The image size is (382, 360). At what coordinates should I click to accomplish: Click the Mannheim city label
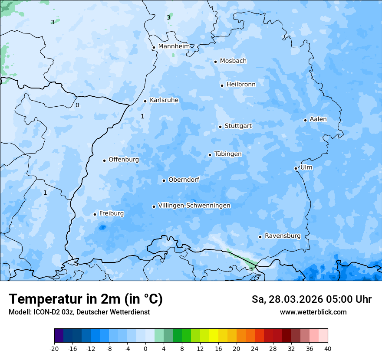tap(174, 46)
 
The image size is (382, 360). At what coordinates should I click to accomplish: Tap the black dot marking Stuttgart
tap(220, 127)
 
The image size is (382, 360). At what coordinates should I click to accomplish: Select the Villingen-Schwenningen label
tap(194, 206)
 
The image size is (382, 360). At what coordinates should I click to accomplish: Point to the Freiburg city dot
tap(95, 214)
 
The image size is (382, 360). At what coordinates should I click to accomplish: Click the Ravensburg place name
tap(283, 236)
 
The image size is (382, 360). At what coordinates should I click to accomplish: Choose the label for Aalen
tap(318, 119)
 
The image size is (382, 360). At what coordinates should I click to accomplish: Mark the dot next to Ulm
tap(296, 168)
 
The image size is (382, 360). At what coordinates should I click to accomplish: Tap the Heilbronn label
tap(241, 85)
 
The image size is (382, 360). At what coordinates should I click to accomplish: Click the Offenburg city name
tap(124, 160)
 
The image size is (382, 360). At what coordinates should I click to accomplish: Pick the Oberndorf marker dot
tap(164, 180)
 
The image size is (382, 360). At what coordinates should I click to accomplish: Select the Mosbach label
tap(233, 61)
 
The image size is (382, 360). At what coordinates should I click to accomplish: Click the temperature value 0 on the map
tap(77, 105)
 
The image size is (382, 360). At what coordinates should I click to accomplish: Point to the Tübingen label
tap(228, 154)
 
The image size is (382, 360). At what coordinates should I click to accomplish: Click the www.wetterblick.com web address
tap(313, 312)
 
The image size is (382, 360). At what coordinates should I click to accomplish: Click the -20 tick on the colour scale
tap(54, 349)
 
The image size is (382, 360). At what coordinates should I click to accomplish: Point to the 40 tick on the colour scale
tap(328, 349)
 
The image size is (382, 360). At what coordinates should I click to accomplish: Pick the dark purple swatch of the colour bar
tap(59, 336)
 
